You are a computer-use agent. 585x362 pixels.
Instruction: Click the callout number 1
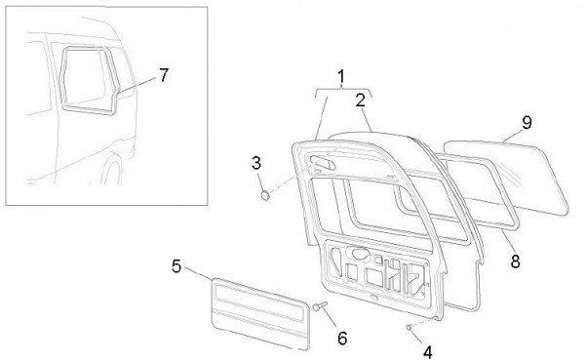click(x=341, y=76)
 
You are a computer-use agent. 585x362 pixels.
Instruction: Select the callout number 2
click(x=361, y=101)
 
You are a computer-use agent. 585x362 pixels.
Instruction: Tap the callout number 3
click(x=256, y=163)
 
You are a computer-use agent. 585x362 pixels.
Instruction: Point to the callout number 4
click(x=428, y=352)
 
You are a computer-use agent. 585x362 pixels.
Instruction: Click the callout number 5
click(x=176, y=266)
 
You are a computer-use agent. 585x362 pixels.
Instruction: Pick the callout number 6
click(x=342, y=339)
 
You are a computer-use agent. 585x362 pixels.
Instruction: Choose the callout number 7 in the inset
click(x=164, y=75)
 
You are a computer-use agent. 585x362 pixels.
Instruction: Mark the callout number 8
click(x=515, y=261)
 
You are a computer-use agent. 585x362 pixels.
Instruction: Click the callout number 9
click(x=526, y=122)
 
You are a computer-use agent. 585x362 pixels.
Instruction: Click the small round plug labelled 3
click(x=265, y=195)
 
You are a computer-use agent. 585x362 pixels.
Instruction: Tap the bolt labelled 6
click(x=320, y=306)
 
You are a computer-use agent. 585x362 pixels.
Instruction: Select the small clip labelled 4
click(x=409, y=327)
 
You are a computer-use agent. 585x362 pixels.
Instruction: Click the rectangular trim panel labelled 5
click(x=260, y=314)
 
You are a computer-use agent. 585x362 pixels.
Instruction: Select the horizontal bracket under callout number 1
click(x=342, y=90)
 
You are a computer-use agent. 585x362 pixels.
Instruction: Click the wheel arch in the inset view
click(x=110, y=167)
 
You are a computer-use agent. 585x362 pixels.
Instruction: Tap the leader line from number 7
click(x=136, y=84)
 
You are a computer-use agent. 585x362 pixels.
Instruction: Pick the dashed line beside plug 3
click(x=289, y=182)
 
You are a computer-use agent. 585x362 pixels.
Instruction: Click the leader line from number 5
click(x=198, y=273)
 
